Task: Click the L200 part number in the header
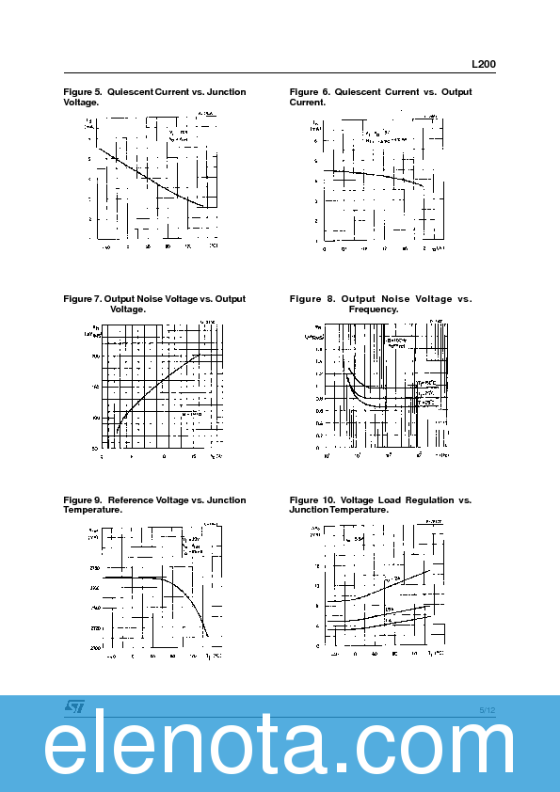[483, 65]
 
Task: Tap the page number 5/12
[487, 709]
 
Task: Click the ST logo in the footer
[75, 705]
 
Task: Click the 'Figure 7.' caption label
[82, 299]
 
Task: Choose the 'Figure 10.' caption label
[312, 500]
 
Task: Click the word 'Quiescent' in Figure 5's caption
[130, 92]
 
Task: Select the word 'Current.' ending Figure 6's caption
[308, 102]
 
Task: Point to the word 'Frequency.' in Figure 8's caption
[374, 309]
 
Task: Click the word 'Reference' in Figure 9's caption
[131, 500]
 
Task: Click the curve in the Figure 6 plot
[376, 175]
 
